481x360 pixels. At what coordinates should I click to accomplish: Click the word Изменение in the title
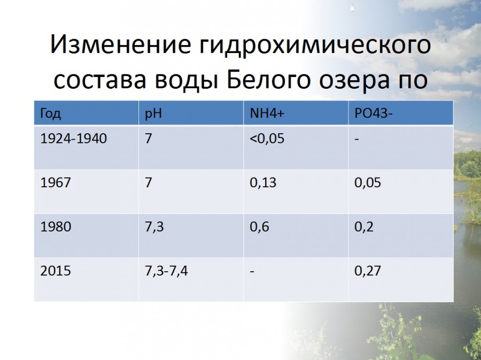121,44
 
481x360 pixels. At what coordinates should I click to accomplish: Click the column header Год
51,114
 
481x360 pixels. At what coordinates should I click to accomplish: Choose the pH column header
153,114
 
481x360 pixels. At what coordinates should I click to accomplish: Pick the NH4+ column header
267,113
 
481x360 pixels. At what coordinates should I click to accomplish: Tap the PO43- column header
374,113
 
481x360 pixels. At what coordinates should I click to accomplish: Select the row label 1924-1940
73,139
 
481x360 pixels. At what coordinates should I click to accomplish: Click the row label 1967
55,182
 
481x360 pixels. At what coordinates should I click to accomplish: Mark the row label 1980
56,226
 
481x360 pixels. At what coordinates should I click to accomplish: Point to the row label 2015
55,271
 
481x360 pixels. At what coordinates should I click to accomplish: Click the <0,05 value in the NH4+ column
267,139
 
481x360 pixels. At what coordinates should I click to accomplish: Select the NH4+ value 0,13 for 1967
263,182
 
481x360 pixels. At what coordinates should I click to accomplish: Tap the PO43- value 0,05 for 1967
368,182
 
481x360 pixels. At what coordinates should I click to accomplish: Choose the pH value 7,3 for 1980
154,227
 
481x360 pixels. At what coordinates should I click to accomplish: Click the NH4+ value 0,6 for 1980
259,227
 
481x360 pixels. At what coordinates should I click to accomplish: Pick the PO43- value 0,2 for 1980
364,227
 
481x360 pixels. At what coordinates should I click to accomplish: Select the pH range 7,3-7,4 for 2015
166,271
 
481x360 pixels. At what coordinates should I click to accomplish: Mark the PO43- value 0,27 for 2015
368,271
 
